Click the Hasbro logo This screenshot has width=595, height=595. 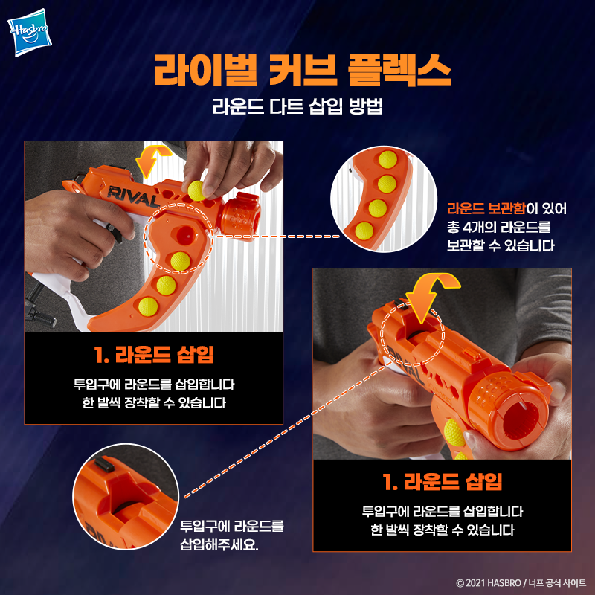click(x=30, y=33)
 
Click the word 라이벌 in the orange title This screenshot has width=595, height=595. click(x=205, y=71)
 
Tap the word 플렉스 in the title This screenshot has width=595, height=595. click(x=399, y=71)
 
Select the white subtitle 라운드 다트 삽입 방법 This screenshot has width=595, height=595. click(x=297, y=106)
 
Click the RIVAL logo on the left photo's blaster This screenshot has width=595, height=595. click(x=133, y=197)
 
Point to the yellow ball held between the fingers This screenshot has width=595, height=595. click(x=196, y=190)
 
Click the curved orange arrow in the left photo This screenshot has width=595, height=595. click(x=152, y=161)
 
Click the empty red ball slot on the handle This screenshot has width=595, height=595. click(x=186, y=234)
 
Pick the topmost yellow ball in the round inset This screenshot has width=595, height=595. click(x=387, y=159)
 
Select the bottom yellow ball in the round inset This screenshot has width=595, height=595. click(x=364, y=231)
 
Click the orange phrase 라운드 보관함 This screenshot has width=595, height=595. click(x=486, y=209)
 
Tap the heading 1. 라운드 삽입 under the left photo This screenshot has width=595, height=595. click(x=154, y=355)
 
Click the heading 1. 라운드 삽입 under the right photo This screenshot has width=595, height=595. click(x=443, y=482)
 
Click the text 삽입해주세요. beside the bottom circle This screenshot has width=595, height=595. click(x=219, y=545)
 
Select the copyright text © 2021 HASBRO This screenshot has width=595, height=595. click(x=489, y=583)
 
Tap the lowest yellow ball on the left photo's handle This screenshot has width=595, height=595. click(x=148, y=306)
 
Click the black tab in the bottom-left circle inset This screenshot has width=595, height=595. click(x=104, y=464)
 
